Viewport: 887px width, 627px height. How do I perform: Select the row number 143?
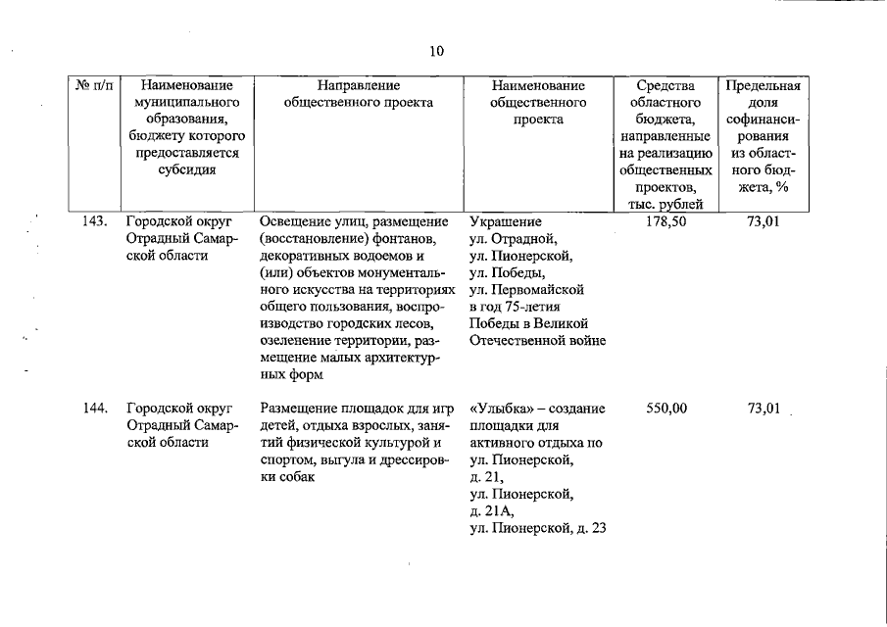[94, 220]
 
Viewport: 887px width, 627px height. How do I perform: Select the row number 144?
[94, 408]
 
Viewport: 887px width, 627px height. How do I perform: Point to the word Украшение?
[506, 220]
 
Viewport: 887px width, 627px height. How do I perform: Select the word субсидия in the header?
[186, 169]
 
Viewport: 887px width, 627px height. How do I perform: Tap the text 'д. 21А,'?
[493, 512]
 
